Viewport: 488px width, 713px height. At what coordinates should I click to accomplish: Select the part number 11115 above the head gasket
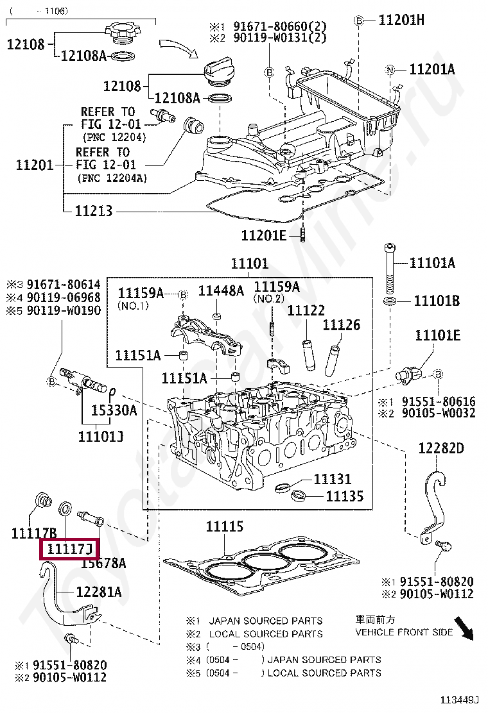pyautogui.click(x=224, y=526)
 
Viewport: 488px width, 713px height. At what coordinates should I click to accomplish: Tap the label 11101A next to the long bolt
pyautogui.click(x=432, y=262)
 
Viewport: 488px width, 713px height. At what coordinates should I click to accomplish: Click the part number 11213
pyautogui.click(x=93, y=210)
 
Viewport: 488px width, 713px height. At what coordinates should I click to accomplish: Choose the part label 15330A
pyautogui.click(x=113, y=410)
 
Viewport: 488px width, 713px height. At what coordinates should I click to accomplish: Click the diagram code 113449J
pyautogui.click(x=461, y=700)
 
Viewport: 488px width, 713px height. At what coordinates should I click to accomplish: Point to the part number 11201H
pyautogui.click(x=401, y=20)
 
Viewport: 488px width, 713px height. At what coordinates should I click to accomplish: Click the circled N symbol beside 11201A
pyautogui.click(x=389, y=69)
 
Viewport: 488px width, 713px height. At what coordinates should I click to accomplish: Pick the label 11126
pyautogui.click(x=341, y=325)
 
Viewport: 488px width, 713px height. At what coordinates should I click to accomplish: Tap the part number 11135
pyautogui.click(x=344, y=496)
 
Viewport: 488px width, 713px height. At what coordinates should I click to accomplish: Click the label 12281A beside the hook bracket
pyautogui.click(x=98, y=592)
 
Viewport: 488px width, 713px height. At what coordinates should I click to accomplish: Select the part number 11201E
pyautogui.click(x=263, y=235)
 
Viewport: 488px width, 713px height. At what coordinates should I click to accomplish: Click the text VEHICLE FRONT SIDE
pyautogui.click(x=404, y=632)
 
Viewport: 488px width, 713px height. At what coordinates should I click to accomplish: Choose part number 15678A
pyautogui.click(x=103, y=563)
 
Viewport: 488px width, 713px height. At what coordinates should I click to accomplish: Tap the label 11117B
pyautogui.click(x=34, y=532)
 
